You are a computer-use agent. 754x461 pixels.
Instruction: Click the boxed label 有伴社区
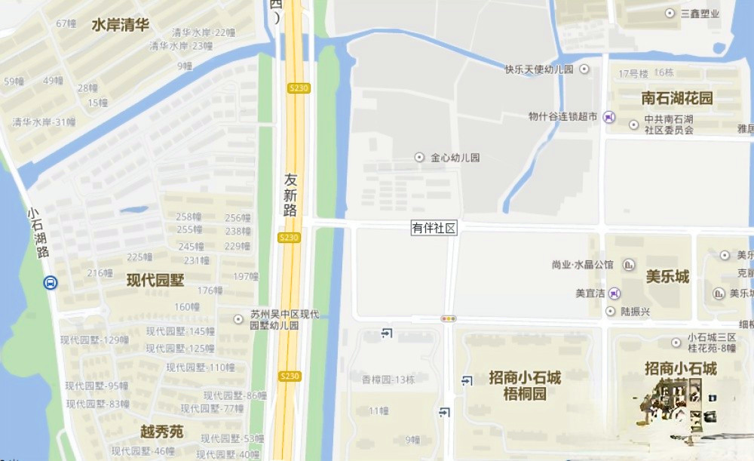pos(434,228)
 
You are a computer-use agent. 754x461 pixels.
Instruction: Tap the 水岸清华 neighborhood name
pos(121,25)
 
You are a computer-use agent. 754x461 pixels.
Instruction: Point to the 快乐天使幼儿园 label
pos(539,69)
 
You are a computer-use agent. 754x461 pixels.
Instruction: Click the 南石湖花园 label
pos(677,98)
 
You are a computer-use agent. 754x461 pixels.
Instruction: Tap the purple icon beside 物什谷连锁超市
pos(609,117)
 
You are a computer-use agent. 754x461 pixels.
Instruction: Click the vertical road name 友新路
pos(291,195)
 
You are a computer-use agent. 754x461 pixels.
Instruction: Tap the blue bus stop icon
pos(50,283)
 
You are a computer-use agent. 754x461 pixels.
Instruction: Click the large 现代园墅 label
pos(155,280)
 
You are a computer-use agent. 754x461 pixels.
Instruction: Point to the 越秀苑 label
pos(161,432)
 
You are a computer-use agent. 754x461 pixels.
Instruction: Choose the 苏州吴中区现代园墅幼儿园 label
pos(285,320)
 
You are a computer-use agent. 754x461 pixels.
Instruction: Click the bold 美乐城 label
pos(667,276)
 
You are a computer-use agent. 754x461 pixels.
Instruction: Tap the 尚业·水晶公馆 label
pos(583,265)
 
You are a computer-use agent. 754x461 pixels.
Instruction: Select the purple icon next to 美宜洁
pos(615,293)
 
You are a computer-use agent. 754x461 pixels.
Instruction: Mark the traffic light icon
pos(449,319)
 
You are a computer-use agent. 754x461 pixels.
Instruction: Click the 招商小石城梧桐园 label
pos(525,385)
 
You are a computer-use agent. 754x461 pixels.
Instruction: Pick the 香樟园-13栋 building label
pos(388,379)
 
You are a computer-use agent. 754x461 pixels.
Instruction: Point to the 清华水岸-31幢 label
pos(44,121)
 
